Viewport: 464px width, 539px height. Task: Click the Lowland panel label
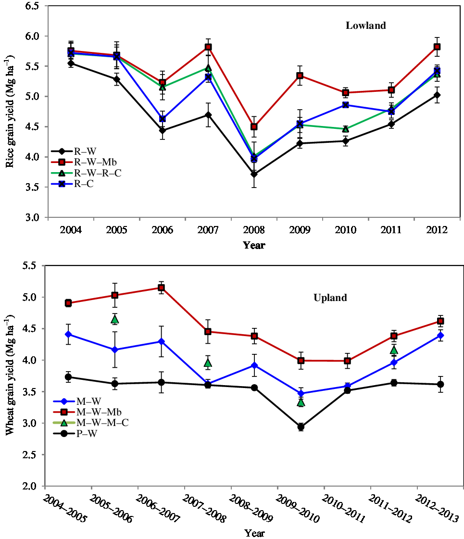[365, 26]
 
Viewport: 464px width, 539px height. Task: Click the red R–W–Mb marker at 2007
[208, 47]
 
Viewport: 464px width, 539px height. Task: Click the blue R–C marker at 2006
[163, 119]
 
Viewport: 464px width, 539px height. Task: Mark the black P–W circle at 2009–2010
[301, 426]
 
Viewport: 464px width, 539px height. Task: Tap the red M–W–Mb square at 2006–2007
[162, 288]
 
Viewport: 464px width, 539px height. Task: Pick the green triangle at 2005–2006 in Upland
[115, 319]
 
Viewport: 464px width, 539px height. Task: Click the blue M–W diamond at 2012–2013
[440, 335]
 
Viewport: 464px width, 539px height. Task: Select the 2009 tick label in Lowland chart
[300, 230]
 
